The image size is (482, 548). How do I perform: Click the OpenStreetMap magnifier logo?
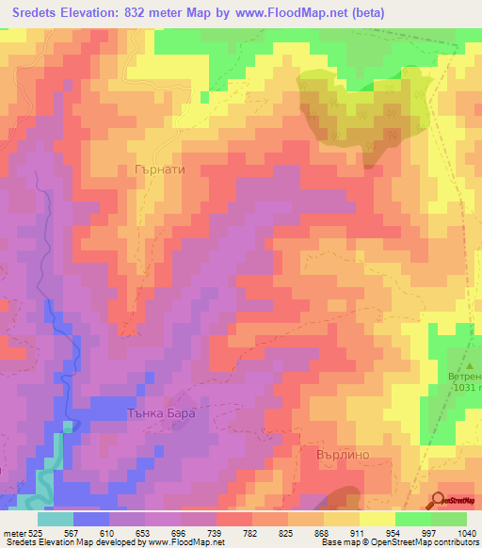(439, 501)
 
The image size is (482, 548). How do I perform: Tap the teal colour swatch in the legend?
(55, 518)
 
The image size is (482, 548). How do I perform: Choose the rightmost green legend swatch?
(449, 518)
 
